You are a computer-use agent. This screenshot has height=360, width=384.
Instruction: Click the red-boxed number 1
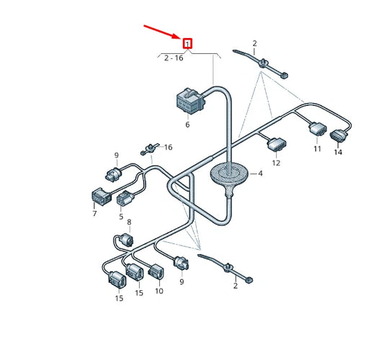pos(188,44)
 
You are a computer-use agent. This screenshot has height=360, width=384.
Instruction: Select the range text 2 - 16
pos(174,58)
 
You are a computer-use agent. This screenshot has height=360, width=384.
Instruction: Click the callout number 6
pos(187,125)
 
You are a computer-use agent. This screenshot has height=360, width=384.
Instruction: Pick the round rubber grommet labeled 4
pos(228,175)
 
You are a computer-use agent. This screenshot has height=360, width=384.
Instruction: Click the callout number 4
pos(261,174)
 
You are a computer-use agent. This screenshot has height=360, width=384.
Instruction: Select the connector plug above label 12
pos(276,145)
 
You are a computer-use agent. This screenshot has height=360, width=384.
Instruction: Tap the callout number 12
pos(276,163)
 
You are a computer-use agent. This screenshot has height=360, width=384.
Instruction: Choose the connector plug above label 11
pos(316,131)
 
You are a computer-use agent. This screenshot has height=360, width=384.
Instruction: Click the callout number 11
pos(317,150)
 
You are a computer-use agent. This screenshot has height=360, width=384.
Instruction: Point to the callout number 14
pos(338,153)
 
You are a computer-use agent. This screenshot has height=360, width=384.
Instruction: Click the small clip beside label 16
pos(149,148)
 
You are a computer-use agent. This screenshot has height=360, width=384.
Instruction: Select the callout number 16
pos(168,147)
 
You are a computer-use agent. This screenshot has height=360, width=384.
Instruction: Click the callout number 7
pos(94,214)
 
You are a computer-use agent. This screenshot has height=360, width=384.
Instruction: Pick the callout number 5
pos(121,216)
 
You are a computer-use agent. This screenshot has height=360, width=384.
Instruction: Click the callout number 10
pos(158,291)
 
